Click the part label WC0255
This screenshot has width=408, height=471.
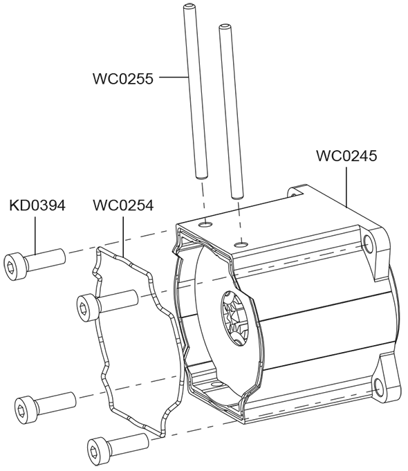(123, 79)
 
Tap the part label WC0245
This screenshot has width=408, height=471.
(346, 156)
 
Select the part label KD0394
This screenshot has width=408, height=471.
(37, 205)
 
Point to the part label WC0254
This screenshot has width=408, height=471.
(123, 205)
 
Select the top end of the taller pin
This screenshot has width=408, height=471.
(188, 6)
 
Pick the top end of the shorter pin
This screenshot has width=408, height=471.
(223, 27)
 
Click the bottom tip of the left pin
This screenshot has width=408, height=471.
(202, 177)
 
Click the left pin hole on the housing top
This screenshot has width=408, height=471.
(206, 224)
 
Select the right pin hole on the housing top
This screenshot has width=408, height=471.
(241, 243)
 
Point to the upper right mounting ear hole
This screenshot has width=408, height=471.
(368, 243)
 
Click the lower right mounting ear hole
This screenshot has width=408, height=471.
(378, 387)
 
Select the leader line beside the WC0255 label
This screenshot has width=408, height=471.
(174, 77)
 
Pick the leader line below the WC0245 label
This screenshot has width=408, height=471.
(346, 187)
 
